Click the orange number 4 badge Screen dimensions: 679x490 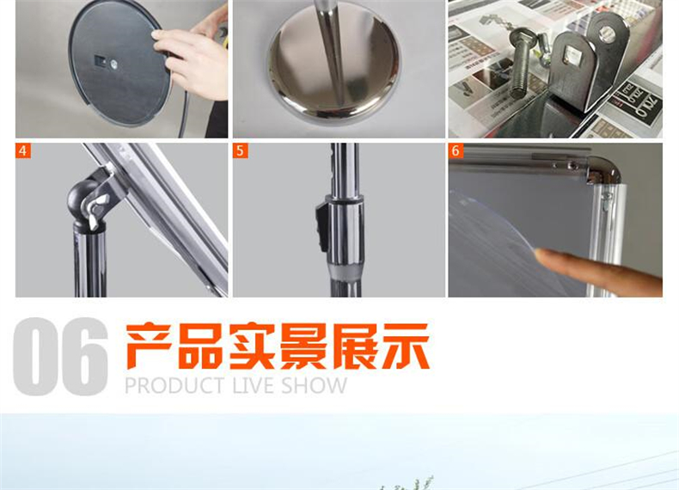[23, 150]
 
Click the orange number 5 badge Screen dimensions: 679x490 [241, 150]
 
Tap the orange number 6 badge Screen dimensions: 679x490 [456, 150]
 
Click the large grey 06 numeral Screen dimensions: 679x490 [60, 356]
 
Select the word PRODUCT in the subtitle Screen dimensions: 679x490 [175, 386]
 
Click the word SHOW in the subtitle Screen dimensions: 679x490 [315, 386]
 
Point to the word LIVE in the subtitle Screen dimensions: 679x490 [254, 386]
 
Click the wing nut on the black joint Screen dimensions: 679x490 [96, 210]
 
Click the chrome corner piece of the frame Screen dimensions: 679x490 [603, 170]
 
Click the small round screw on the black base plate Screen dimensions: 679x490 [114, 65]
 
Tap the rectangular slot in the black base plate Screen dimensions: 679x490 [100, 61]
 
